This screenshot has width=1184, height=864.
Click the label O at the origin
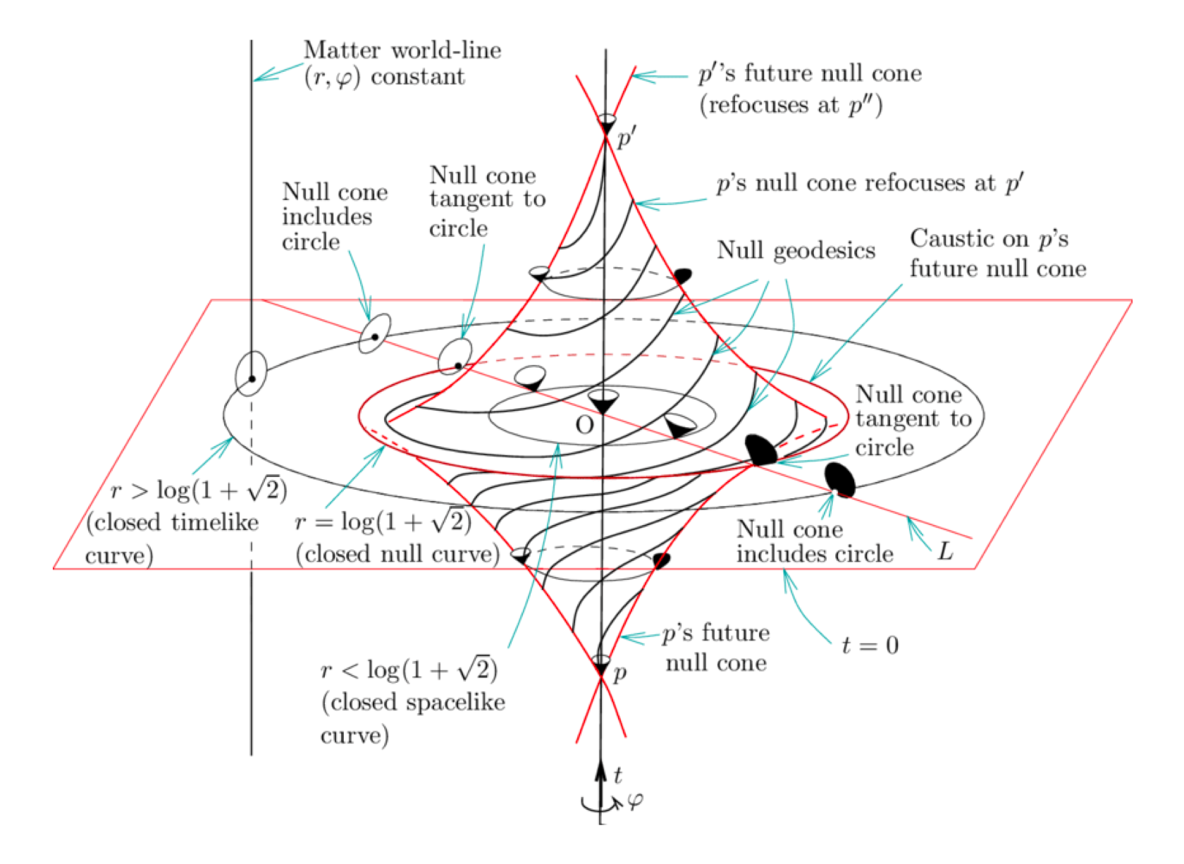click(x=584, y=425)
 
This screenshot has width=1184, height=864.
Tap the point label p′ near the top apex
click(x=626, y=137)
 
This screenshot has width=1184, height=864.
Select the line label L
click(x=945, y=551)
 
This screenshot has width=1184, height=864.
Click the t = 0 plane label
click(x=870, y=645)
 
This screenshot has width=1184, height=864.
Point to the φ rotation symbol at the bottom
click(x=634, y=801)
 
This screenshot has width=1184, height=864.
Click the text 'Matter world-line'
click(x=402, y=50)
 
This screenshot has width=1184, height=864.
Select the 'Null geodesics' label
click(x=796, y=250)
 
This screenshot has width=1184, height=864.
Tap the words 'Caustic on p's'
click(x=989, y=239)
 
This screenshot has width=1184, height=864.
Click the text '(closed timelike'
click(x=172, y=522)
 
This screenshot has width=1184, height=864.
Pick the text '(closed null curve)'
click(x=397, y=554)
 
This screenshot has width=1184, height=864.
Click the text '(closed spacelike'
click(x=413, y=702)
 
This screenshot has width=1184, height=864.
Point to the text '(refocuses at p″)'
click(x=791, y=105)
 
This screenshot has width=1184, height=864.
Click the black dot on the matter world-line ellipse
click(x=252, y=379)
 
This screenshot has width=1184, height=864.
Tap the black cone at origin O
click(x=603, y=403)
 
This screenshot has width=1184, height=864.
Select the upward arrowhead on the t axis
click(x=600, y=769)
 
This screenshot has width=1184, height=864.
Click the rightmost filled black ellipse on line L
click(x=840, y=481)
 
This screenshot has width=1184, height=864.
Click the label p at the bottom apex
click(x=619, y=674)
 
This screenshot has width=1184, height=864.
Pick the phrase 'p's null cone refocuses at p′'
click(x=870, y=183)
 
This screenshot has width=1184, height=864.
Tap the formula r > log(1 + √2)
click(x=199, y=490)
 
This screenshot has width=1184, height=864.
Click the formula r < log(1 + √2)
click(x=409, y=669)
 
